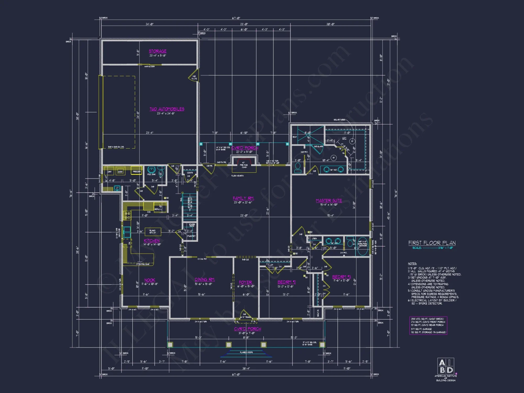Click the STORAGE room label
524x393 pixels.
click(157, 51)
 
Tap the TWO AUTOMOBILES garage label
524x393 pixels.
click(167, 109)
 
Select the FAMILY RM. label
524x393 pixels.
click(243, 198)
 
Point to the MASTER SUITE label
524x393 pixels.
click(329, 201)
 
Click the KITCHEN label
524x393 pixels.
click(152, 241)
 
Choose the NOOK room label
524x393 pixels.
click(150, 280)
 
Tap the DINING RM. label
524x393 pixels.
click(205, 280)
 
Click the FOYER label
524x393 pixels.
click(245, 282)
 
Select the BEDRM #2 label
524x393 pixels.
click(287, 282)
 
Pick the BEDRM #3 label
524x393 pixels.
click(341, 277)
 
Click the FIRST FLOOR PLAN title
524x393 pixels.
click(432, 243)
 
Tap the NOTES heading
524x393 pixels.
click(412, 264)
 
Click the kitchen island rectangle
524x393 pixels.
click(153, 232)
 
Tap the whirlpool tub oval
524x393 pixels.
click(363, 250)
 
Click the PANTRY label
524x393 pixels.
click(191, 236)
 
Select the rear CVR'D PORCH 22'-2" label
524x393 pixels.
click(245, 148)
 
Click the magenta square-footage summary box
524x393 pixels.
click(428, 325)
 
